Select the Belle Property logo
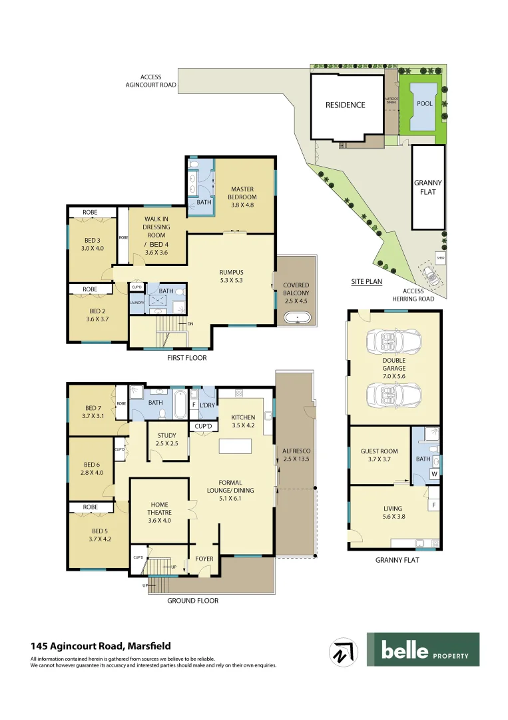(423, 649)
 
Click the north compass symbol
(345, 653)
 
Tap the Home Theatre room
(158, 513)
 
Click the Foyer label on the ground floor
(204, 557)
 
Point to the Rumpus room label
(231, 275)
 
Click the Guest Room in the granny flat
(379, 455)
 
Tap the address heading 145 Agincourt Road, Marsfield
(101, 646)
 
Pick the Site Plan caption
(366, 282)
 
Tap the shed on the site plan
(440, 256)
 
